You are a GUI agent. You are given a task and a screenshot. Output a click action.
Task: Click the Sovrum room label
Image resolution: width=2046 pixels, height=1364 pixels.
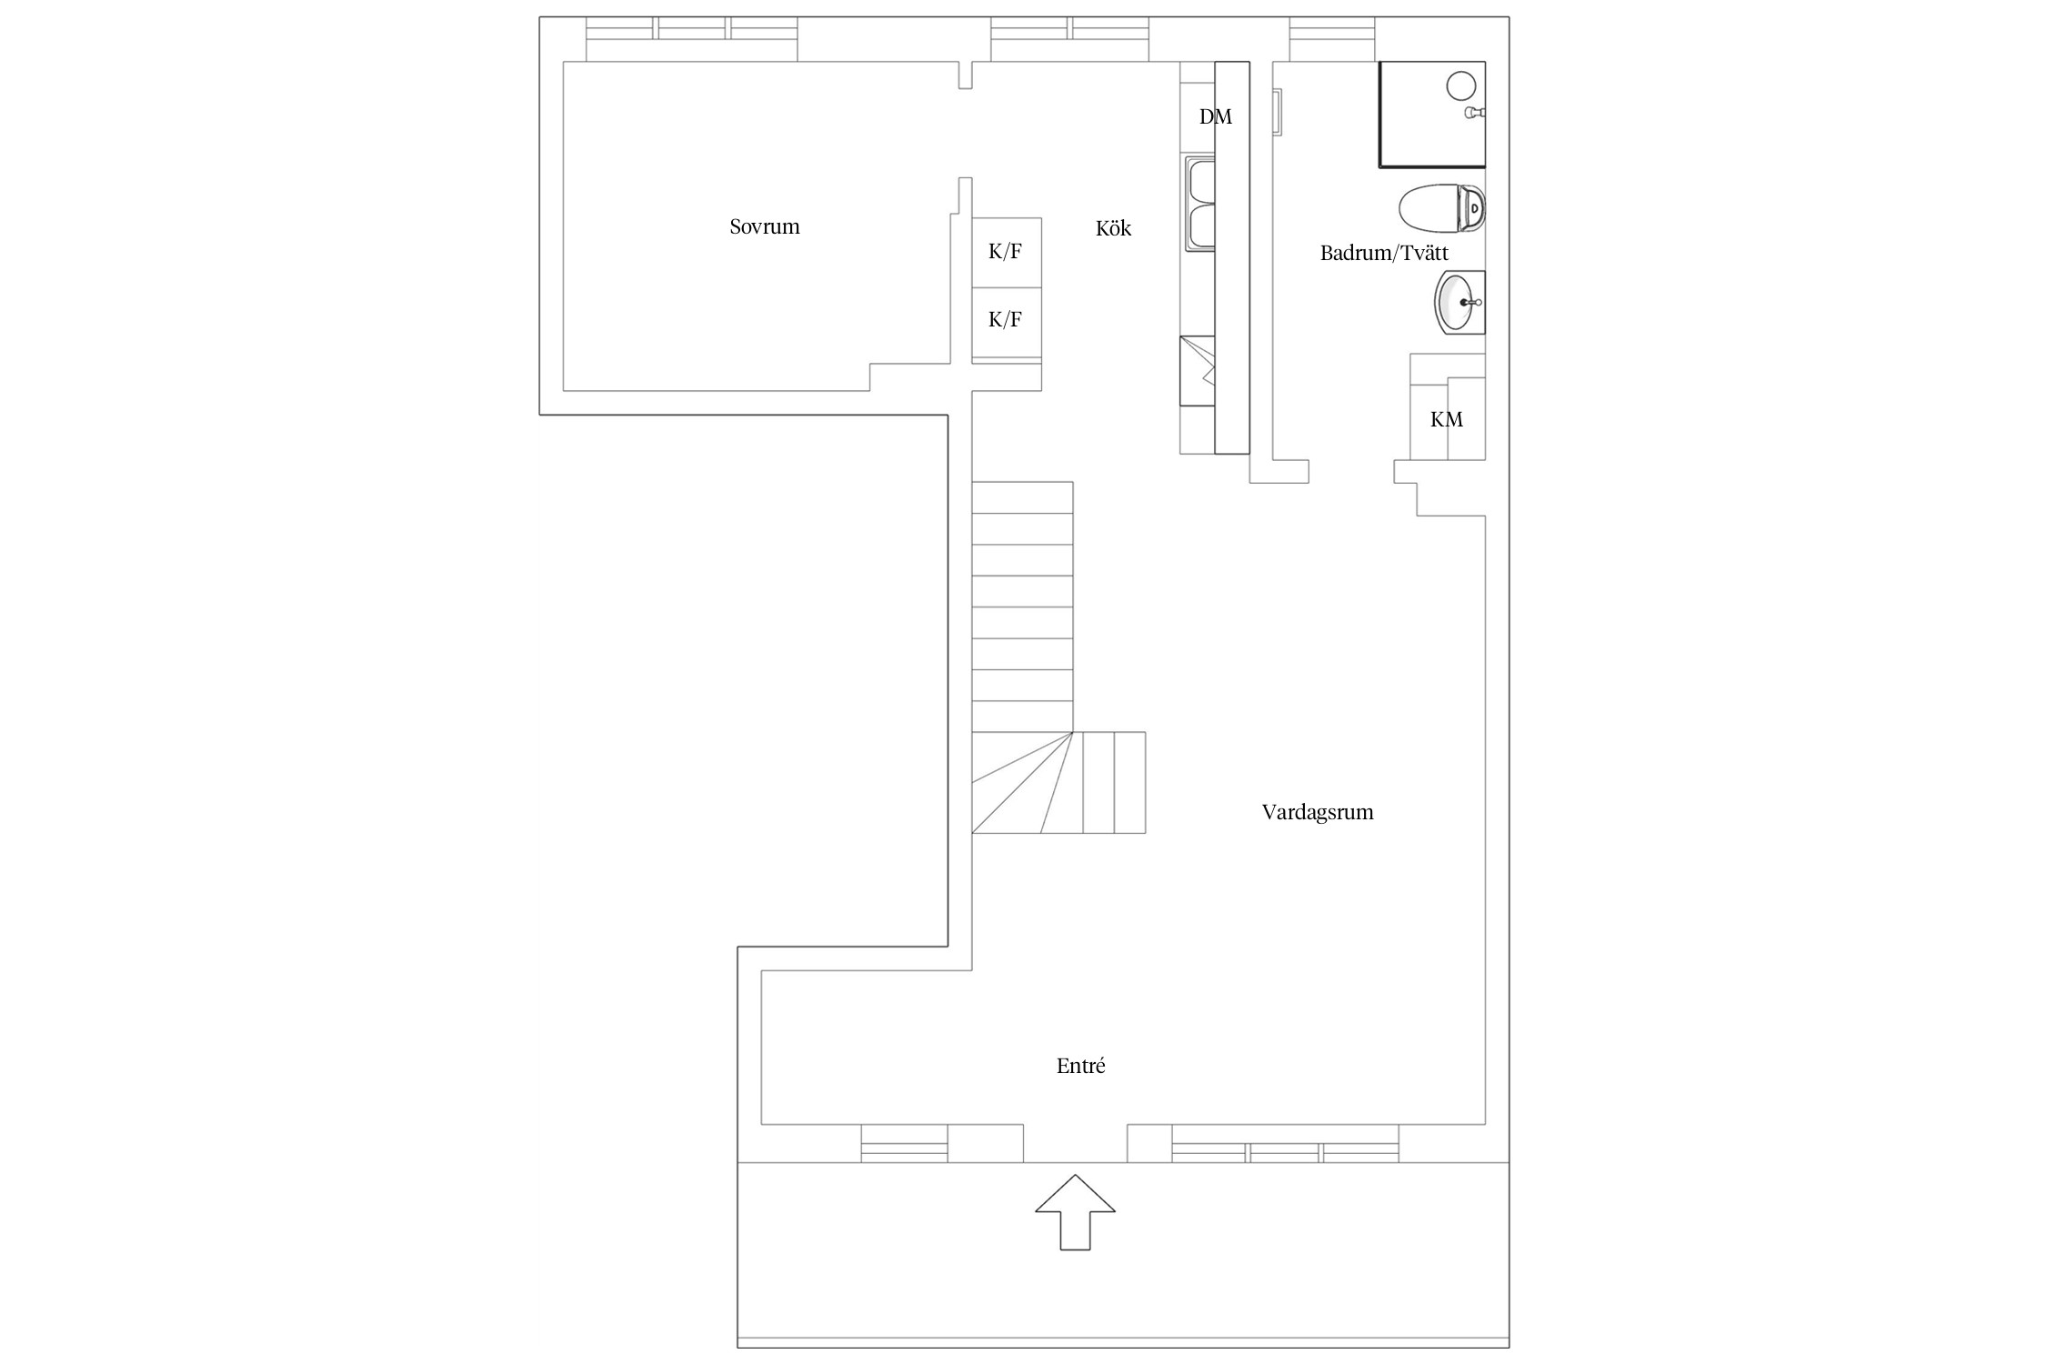pos(765,226)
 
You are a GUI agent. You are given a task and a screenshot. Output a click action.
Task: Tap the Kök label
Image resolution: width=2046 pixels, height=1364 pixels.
pos(1113,228)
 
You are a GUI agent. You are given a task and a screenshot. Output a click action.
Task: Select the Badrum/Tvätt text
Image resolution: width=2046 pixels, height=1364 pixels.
pos(1384,253)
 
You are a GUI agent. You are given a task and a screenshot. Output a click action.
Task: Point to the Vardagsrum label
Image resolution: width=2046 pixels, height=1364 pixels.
pos(1318,812)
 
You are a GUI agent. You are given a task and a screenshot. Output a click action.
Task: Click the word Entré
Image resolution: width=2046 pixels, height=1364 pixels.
pos(1080,1066)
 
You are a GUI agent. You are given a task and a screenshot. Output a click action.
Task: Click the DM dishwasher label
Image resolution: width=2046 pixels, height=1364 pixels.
pos(1216,116)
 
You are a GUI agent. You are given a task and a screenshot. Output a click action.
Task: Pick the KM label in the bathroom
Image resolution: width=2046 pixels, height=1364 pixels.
pos(1447,419)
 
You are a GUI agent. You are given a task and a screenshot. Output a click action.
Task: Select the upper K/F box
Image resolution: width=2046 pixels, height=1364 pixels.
pos(1007,253)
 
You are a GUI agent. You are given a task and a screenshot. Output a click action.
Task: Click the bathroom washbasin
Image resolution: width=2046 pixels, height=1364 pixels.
pos(1459,303)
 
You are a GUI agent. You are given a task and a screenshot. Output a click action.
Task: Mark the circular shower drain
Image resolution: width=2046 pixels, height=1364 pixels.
pos(1460,86)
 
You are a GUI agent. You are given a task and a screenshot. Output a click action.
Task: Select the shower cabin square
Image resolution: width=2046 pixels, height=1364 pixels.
pos(1432,115)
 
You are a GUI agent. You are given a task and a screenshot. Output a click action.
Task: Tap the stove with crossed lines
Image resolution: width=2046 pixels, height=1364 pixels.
pos(1198,371)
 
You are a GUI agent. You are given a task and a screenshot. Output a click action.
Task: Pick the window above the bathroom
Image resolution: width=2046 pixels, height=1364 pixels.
pos(1332,39)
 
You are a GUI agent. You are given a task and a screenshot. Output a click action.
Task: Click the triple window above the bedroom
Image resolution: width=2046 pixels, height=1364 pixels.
pos(691,39)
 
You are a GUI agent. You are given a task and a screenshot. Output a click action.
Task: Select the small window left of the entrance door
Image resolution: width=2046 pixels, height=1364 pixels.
pos(905,1143)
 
